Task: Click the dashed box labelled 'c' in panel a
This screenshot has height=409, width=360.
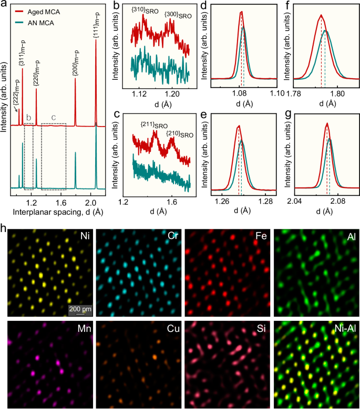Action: [x=54, y=156]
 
